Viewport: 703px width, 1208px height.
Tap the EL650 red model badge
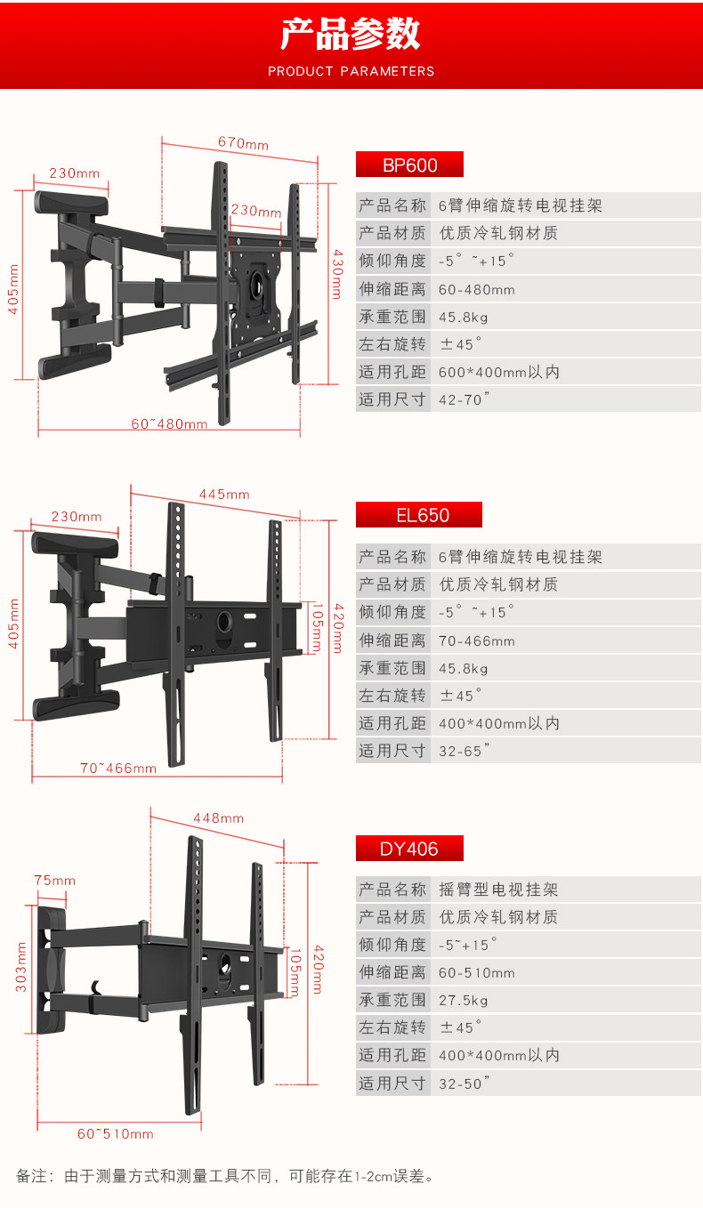click(x=418, y=515)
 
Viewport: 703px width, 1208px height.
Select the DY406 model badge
click(x=409, y=849)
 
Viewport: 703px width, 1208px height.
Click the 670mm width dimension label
click(x=243, y=144)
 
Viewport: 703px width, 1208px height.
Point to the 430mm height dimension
click(x=336, y=273)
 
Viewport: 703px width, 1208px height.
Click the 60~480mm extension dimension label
click(x=169, y=424)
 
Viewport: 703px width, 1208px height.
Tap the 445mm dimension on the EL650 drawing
click(x=224, y=495)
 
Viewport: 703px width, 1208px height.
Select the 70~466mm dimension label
click(x=117, y=768)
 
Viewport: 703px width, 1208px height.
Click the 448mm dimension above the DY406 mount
click(x=218, y=818)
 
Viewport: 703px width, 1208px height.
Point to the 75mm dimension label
click(x=55, y=881)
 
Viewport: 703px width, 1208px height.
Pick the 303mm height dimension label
click(x=21, y=966)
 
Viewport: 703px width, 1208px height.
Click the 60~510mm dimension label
click(x=115, y=1134)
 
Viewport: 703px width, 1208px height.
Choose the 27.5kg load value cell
click(x=464, y=1000)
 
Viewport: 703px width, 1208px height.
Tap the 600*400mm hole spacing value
click(x=499, y=372)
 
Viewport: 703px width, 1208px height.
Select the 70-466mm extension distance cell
click(x=477, y=640)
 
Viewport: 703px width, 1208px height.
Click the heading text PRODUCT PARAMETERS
click(x=351, y=71)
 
